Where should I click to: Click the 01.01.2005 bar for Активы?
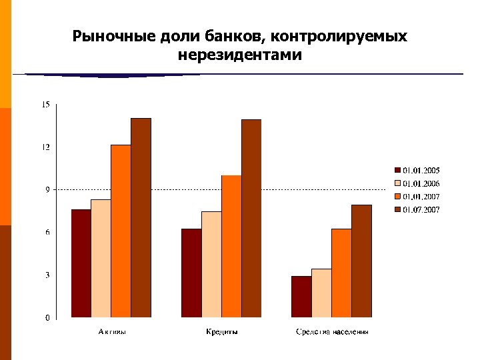point(81,263)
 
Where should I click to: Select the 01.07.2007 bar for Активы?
point(141,218)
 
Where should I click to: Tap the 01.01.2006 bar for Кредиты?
point(211,265)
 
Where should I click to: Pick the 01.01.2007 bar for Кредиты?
point(231,247)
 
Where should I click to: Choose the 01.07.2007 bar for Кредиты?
point(251,219)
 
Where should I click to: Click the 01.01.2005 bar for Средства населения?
point(301,297)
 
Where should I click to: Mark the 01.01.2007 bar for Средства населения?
point(341,273)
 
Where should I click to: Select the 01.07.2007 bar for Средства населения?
point(361,261)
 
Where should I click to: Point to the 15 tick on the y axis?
point(45,104)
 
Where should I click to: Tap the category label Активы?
point(111,331)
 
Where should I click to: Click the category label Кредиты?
point(221,331)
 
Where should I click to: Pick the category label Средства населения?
point(332,331)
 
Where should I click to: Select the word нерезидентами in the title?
point(240,54)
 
